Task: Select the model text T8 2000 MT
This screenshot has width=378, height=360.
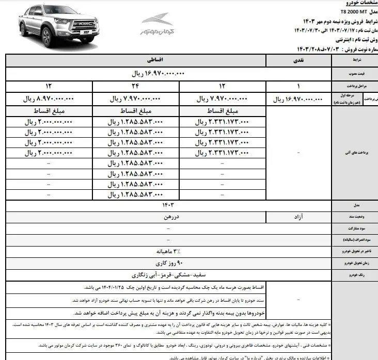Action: click(x=355, y=10)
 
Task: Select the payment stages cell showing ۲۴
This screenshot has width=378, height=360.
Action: click(x=135, y=86)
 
